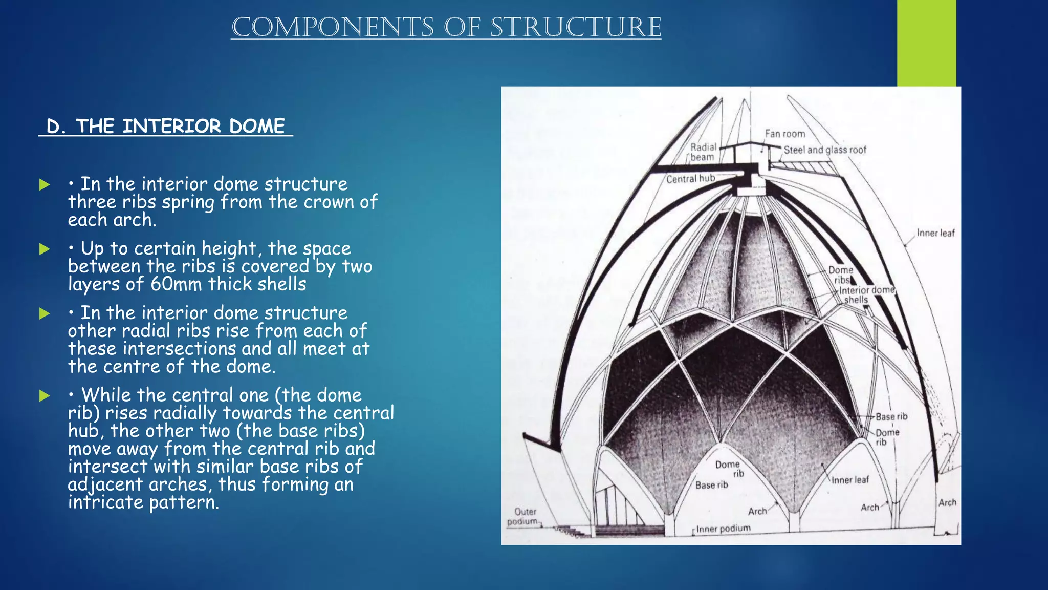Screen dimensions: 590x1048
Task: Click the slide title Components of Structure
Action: pyautogui.click(x=446, y=28)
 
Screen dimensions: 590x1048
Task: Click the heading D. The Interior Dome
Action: pyautogui.click(x=165, y=126)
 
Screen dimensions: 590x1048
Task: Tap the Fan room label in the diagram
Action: pyautogui.click(x=784, y=134)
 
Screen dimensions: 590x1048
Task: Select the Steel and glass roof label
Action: pyautogui.click(x=825, y=150)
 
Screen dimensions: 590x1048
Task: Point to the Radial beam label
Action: pyautogui.click(x=703, y=152)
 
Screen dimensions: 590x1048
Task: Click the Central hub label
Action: pyautogui.click(x=690, y=179)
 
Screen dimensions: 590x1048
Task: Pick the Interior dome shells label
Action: pyautogui.click(x=866, y=294)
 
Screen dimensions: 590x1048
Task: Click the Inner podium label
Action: pyautogui.click(x=723, y=528)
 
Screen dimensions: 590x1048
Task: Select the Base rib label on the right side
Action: pyautogui.click(x=891, y=416)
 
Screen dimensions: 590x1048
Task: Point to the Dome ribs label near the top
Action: pyautogui.click(x=841, y=275)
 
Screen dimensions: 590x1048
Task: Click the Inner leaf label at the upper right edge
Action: pyautogui.click(x=935, y=233)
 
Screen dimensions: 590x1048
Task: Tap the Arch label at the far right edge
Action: pyautogui.click(x=947, y=502)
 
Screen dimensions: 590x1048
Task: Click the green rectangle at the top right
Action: pyautogui.click(x=926, y=43)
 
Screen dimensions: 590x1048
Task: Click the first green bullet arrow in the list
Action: pyautogui.click(x=45, y=185)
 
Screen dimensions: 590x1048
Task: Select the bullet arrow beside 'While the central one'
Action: pyautogui.click(x=45, y=395)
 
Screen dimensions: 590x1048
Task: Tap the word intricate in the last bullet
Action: pyautogui.click(x=105, y=502)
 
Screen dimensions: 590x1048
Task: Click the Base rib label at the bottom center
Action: pyautogui.click(x=711, y=485)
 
